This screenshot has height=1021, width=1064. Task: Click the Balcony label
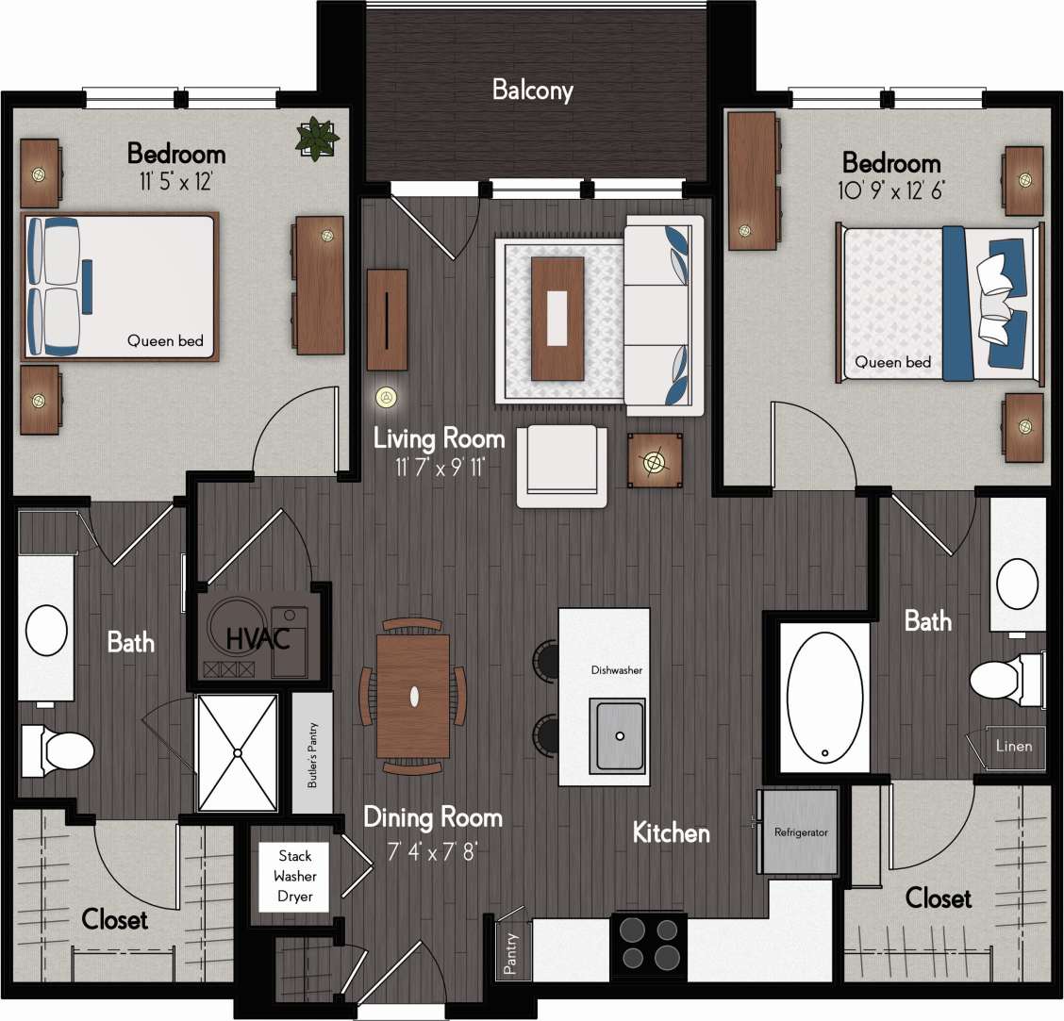click(533, 91)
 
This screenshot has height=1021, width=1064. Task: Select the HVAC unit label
click(258, 638)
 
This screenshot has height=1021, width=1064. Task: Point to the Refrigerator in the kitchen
click(800, 832)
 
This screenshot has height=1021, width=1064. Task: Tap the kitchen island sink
click(618, 734)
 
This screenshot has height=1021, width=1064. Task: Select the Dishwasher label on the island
click(617, 670)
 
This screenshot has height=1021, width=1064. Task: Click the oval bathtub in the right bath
click(823, 697)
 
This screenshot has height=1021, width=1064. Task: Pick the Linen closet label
click(1015, 746)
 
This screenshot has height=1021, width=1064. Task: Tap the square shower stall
click(237, 752)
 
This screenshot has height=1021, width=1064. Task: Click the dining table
click(413, 697)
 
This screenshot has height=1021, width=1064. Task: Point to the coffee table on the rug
click(557, 319)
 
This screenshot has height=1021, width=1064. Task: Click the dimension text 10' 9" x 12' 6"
click(891, 189)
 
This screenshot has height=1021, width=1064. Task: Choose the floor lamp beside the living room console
click(385, 398)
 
